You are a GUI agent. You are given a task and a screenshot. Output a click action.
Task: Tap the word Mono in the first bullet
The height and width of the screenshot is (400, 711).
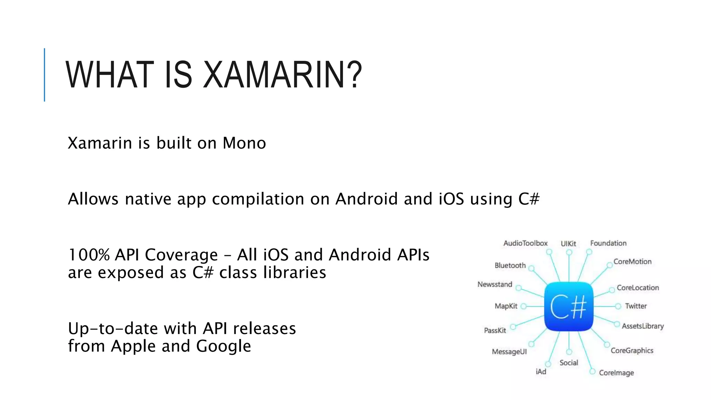point(244,143)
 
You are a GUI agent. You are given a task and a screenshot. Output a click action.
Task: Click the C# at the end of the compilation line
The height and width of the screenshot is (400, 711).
point(529,199)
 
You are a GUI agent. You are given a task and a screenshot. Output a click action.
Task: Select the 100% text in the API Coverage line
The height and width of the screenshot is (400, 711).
point(89,255)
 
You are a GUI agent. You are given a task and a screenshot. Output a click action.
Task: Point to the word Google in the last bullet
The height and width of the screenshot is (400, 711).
point(223,346)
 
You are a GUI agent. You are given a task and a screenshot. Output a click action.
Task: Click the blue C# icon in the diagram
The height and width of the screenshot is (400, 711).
point(569,307)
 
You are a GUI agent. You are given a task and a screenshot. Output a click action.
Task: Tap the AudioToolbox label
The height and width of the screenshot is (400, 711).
point(525,243)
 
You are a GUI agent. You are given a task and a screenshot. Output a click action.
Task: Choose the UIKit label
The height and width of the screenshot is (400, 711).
point(568,244)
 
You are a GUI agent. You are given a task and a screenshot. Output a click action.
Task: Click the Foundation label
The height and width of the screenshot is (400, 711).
point(608,243)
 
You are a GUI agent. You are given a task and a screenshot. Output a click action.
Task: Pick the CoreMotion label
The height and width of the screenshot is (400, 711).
point(632,261)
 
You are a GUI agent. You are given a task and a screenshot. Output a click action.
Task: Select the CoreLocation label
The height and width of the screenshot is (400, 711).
point(637,287)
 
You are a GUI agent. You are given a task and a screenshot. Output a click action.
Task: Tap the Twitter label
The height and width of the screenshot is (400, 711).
point(636,306)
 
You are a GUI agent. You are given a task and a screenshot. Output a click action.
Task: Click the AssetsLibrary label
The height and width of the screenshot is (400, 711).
point(643,326)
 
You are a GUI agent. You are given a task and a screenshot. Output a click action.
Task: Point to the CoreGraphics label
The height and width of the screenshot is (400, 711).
point(632,350)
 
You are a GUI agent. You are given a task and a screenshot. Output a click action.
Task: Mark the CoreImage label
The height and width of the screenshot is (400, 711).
point(616,373)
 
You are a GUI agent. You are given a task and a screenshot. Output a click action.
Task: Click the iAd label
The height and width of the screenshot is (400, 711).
point(541,372)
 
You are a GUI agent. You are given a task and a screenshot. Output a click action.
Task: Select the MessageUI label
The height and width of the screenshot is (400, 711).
point(509,352)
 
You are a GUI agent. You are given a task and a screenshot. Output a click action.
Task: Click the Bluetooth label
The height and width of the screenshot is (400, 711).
point(510,265)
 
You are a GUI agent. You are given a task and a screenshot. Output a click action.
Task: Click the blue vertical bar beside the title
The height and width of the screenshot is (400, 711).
point(44,75)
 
